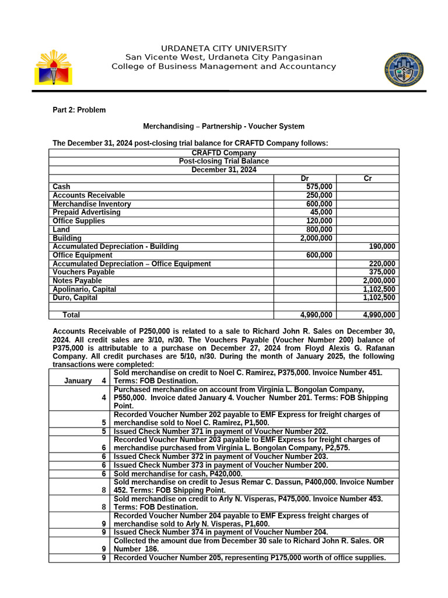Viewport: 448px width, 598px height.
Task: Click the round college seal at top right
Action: [x=404, y=69]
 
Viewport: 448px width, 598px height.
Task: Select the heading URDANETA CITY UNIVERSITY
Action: [x=224, y=48]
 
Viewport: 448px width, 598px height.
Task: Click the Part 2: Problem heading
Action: [x=79, y=110]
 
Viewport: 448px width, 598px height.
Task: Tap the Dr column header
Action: [x=304, y=178]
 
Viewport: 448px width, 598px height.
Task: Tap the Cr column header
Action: [x=367, y=178]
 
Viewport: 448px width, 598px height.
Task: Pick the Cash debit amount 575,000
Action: [x=319, y=187]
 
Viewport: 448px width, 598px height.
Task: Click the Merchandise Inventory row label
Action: [x=92, y=204]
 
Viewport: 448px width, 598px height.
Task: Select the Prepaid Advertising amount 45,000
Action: [x=321, y=212]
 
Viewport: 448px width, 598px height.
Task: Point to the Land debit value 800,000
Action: [x=319, y=230]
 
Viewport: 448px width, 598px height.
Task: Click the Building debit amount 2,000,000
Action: [x=316, y=238]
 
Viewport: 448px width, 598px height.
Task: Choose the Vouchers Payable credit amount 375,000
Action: [x=382, y=272]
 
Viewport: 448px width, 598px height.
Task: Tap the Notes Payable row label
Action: [x=77, y=280]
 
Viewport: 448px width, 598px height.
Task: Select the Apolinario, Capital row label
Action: [x=84, y=289]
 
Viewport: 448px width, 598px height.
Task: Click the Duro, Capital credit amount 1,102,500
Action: [x=379, y=297]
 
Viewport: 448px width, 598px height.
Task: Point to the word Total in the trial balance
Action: [x=71, y=315]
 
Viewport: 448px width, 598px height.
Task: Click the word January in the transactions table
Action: [x=78, y=381]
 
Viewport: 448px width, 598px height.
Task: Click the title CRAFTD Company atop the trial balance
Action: [x=224, y=153]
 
